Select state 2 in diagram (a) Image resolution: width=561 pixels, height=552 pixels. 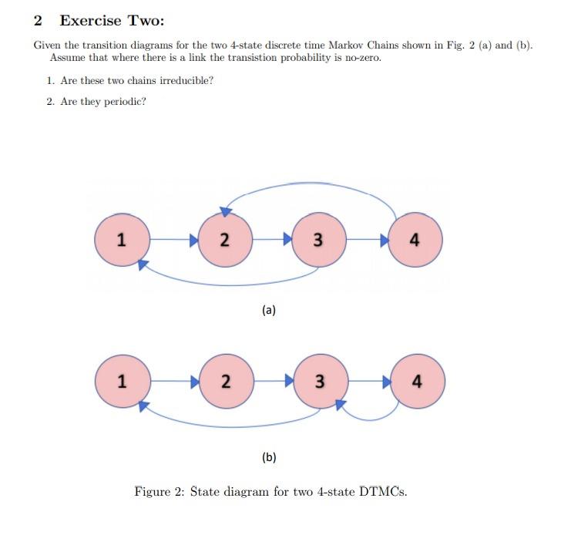224,240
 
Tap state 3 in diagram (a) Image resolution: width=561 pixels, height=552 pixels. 319,240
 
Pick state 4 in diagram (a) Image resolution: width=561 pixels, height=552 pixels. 415,240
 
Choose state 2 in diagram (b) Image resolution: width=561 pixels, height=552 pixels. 224,381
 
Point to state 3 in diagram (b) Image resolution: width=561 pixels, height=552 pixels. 319,381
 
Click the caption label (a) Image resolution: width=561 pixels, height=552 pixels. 268,310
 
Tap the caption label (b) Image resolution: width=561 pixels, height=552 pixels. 268,457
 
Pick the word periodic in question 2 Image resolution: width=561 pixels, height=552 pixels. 123,102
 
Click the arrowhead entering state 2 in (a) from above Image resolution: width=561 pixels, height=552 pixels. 227,210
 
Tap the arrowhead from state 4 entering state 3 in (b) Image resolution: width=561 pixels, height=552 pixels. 340,403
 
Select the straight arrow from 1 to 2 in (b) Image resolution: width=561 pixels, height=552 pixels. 173,381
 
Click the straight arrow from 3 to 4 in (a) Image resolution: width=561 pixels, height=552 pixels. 367,240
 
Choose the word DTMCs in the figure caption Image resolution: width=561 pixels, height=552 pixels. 383,491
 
